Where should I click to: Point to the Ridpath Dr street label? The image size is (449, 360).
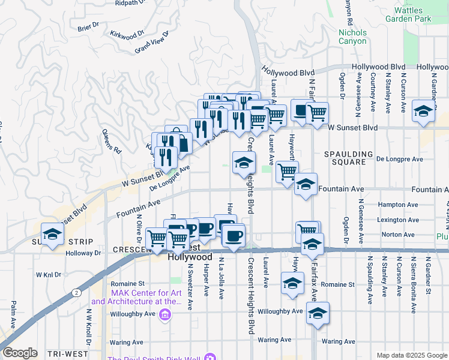click(130, 3)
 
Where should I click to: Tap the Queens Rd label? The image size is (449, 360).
click(112, 140)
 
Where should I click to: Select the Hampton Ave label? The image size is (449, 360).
click(397, 205)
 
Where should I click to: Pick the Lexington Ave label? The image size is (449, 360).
click(398, 220)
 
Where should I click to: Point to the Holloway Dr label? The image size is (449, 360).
click(85, 253)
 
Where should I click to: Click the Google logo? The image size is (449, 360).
click(20, 353)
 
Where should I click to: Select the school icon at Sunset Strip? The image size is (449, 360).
click(52, 235)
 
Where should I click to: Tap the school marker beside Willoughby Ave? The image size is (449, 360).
click(318, 313)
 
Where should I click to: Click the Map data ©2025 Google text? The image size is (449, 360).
click(411, 355)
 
